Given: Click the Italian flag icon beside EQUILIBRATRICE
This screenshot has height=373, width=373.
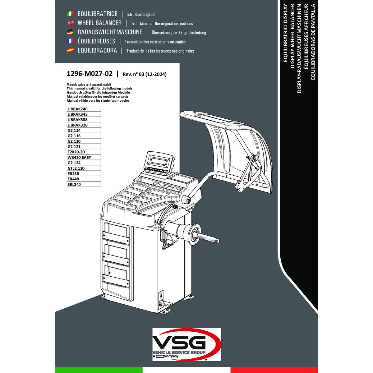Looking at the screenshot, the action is click(70, 14).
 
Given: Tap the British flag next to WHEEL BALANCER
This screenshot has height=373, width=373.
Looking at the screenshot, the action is click(70, 23).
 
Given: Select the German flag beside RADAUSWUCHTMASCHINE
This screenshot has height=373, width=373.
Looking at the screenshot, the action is click(70, 32).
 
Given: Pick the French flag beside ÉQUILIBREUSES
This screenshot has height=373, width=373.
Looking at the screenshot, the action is click(70, 41).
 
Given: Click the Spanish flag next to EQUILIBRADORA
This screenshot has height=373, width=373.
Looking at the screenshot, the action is click(70, 50).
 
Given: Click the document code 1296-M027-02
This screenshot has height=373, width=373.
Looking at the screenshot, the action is click(90, 74).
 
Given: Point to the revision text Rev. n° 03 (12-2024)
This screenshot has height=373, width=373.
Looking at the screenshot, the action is click(145, 74).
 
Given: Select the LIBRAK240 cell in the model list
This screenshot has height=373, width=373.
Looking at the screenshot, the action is click(84, 109).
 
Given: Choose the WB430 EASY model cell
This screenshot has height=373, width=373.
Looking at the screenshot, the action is click(84, 157).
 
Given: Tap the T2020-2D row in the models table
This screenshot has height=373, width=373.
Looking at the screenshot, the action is click(84, 152).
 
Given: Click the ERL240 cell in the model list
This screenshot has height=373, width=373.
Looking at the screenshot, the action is click(84, 184).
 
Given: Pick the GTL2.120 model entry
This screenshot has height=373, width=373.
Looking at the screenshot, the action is click(84, 168).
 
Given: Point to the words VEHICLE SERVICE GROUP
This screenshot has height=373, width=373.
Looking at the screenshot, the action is click(179, 352).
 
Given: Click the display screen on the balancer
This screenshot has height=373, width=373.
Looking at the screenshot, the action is click(159, 161).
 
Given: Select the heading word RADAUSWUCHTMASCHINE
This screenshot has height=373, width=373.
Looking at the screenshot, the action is click(110, 32).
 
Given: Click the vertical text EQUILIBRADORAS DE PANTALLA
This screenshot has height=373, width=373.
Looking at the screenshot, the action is click(313, 42).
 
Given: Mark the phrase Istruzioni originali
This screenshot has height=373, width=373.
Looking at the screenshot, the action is click(141, 14).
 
